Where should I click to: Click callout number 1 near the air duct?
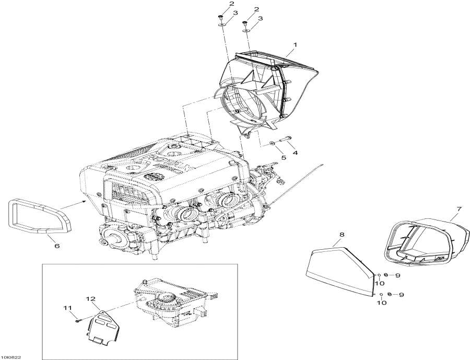295,46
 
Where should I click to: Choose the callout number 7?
459,210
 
